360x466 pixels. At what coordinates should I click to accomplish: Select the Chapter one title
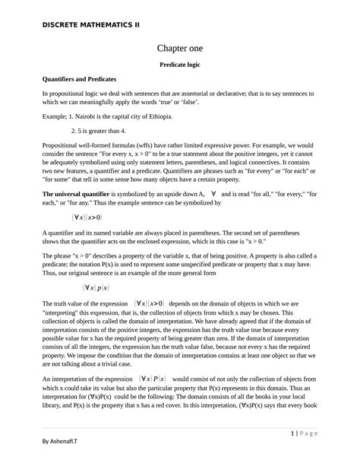180,48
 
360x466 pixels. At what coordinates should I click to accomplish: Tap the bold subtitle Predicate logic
180,65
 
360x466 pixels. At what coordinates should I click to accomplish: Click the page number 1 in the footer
292,433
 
